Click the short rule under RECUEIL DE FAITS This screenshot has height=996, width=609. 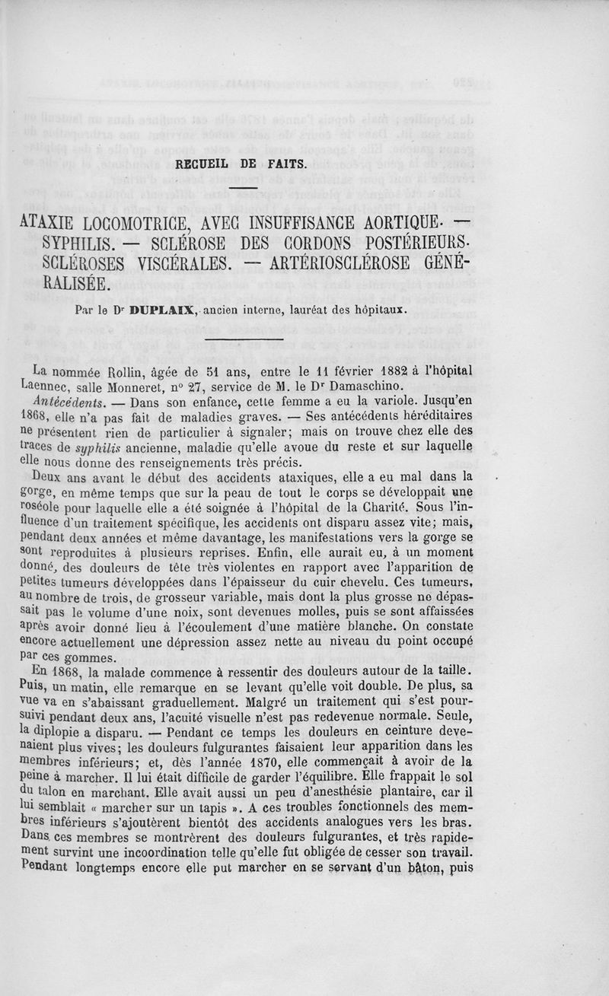pyautogui.click(x=243, y=188)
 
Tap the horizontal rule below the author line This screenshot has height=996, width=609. pyautogui.click(x=243, y=339)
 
